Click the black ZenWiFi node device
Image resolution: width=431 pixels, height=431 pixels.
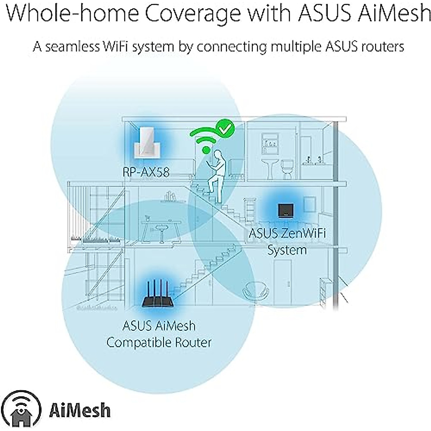286,211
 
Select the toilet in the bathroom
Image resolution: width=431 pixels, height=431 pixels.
287,169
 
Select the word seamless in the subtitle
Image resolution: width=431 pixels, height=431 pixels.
72,47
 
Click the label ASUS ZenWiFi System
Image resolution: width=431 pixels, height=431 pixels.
287,241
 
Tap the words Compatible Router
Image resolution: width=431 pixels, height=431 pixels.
159,342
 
